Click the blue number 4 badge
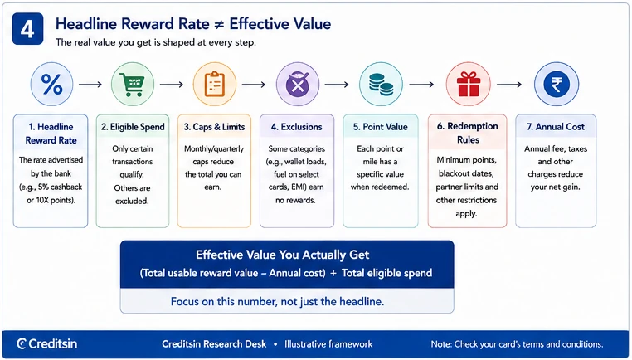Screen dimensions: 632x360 (x=27, y=29)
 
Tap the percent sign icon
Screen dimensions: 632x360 (x=52, y=85)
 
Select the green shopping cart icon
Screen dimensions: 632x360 (x=133, y=85)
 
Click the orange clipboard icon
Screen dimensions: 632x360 (x=215, y=85)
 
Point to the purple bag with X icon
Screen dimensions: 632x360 (x=298, y=85)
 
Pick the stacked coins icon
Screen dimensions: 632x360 (x=381, y=85)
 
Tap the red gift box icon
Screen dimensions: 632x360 (x=469, y=85)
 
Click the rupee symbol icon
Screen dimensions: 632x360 (x=557, y=85)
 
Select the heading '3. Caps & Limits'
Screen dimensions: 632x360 (x=215, y=127)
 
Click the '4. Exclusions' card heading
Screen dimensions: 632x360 (x=297, y=127)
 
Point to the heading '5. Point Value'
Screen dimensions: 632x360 (x=381, y=127)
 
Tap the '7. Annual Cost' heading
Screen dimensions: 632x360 (x=556, y=127)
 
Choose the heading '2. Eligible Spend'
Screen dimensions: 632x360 (x=133, y=127)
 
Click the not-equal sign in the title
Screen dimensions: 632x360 (x=219, y=24)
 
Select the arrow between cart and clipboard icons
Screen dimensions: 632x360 (x=172, y=85)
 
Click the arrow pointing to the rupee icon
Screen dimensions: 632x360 (x=509, y=85)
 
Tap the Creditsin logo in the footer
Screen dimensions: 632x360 (x=46, y=344)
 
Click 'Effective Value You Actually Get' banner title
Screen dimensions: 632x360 (x=283, y=255)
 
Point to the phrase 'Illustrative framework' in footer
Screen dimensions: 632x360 (x=328, y=344)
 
